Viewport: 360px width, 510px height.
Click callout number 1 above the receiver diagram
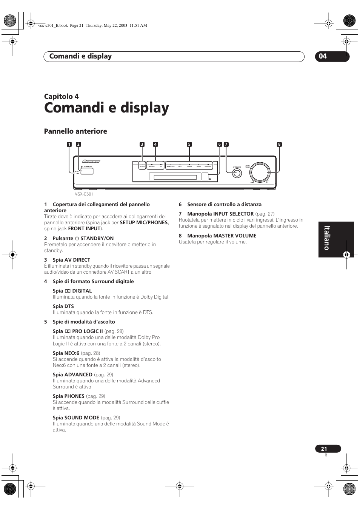click(69, 144)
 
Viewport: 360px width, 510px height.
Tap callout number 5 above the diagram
click(189, 144)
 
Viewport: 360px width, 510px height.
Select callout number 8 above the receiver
click(279, 144)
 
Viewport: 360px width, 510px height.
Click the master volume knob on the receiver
click(260, 172)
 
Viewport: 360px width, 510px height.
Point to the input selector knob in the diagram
click(237, 173)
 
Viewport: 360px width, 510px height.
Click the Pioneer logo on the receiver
click(91, 161)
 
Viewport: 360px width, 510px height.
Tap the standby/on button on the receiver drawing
click(87, 171)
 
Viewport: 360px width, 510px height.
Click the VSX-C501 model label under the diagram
click(84, 194)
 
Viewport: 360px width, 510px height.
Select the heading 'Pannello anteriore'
click(75, 131)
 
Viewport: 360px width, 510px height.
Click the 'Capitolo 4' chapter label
click(62, 96)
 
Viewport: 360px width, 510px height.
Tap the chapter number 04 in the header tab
click(323, 57)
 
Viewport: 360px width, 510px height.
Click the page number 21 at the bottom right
click(324, 449)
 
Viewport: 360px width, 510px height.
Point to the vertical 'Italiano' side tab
click(327, 238)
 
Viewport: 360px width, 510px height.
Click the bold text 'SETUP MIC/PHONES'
click(144, 223)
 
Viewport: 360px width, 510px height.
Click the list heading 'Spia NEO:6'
click(66, 353)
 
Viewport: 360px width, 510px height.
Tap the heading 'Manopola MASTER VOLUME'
click(222, 236)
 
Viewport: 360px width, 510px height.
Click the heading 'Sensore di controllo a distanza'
click(224, 204)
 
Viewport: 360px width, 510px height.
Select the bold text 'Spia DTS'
click(63, 306)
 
